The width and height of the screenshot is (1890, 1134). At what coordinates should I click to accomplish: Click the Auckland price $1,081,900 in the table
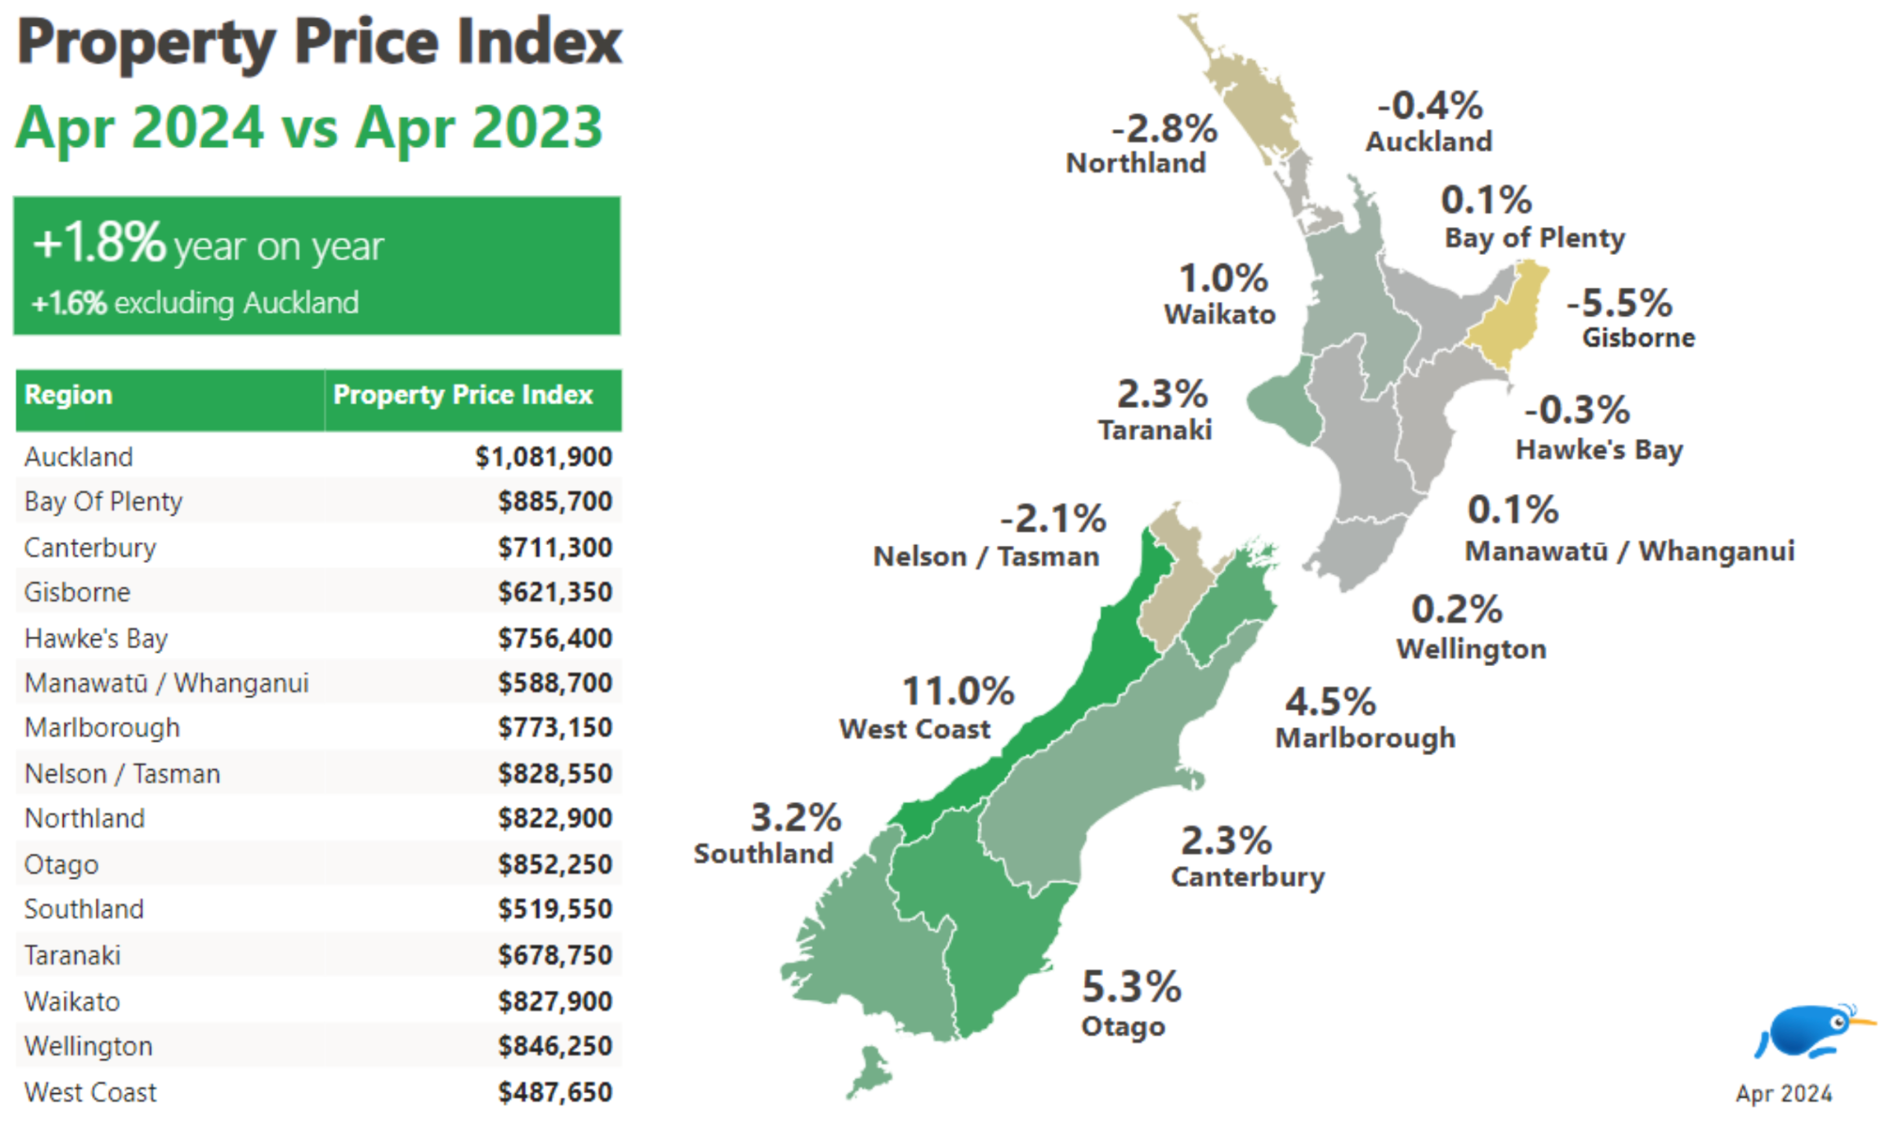tap(543, 457)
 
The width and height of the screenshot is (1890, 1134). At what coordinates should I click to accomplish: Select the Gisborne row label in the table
tap(77, 592)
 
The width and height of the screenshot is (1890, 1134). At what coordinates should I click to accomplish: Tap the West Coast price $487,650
tap(554, 1092)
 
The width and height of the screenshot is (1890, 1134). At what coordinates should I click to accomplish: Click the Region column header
tap(68, 395)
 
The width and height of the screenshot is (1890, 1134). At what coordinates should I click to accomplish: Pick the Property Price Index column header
tap(463, 395)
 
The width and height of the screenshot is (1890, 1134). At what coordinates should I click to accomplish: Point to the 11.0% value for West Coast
tap(958, 692)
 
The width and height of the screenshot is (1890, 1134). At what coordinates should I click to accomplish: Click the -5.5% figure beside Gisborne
tap(1619, 303)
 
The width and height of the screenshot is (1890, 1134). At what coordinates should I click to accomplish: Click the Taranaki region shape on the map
tap(1281, 405)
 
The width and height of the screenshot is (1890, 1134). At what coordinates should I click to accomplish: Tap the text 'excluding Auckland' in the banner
tap(237, 304)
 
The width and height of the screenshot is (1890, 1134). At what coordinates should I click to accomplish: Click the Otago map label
tap(1123, 1027)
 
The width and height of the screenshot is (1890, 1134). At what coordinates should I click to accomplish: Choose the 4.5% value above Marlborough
tap(1330, 702)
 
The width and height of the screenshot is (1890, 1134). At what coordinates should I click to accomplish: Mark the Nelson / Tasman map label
tap(986, 557)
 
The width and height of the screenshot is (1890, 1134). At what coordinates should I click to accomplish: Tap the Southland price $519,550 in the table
tap(554, 910)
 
